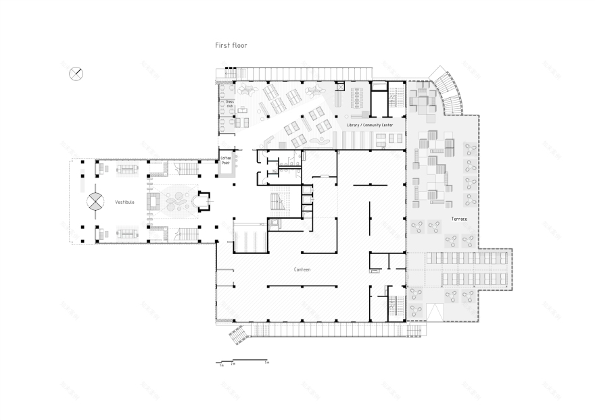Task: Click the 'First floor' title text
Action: click(x=231, y=46)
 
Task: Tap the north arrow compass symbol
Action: click(x=76, y=73)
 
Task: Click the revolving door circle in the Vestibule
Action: click(x=95, y=201)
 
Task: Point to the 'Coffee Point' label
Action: click(x=226, y=160)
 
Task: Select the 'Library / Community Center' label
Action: click(x=369, y=125)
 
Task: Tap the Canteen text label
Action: click(x=302, y=269)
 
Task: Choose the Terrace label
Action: click(x=459, y=219)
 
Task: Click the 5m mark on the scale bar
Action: click(x=267, y=363)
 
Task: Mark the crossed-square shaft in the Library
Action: click(x=339, y=86)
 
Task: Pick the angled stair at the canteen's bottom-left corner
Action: click(x=239, y=333)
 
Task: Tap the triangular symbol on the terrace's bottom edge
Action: click(x=434, y=312)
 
